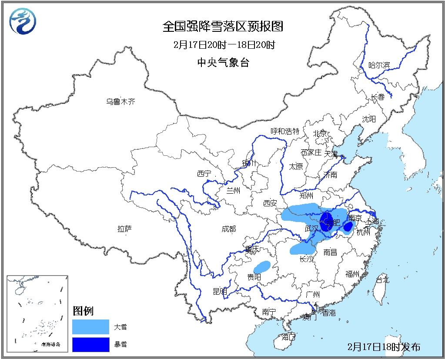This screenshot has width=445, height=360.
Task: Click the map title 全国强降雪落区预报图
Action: pos(223,27)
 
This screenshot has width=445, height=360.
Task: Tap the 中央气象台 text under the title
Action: pos(223,62)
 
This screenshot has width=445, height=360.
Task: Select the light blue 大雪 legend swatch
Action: pos(91,326)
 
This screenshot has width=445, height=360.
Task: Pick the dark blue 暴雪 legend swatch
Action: pos(91,344)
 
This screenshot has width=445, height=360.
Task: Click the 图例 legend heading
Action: pos(83,311)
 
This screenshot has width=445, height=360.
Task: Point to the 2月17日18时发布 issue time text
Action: pos(384,347)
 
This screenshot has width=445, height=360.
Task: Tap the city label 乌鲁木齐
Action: pos(121,102)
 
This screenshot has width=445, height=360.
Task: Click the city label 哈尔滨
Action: pos(379,65)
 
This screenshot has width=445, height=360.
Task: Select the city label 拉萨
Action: pos(124,229)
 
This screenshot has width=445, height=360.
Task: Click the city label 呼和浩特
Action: pos(285,131)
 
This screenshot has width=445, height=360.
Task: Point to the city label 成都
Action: pos(228,229)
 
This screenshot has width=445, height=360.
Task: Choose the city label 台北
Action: pos(382,280)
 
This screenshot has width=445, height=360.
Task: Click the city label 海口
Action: pos(288,336)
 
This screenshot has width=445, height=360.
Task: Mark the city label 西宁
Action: pos(204,174)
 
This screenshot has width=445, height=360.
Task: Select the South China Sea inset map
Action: pos(37,313)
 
